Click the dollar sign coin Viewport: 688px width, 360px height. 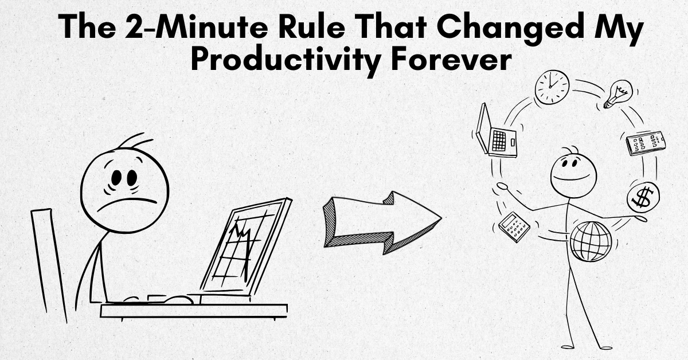click(x=643, y=196)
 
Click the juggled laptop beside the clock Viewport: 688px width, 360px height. click(x=496, y=133)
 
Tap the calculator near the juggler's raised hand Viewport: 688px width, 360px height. click(x=514, y=227)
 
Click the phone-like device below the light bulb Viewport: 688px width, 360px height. click(x=646, y=143)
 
